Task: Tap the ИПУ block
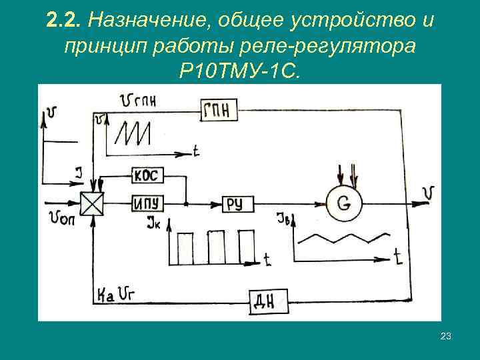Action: pos(146,203)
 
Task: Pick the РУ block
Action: pos(234,203)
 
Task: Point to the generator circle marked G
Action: pos(343,202)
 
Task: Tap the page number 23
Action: pos(446,337)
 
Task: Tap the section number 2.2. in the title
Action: pos(64,21)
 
